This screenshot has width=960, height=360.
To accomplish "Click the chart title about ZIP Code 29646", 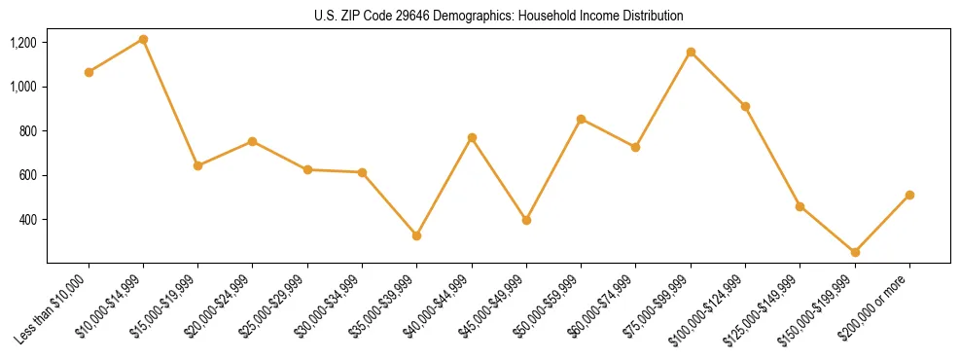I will point(499,16).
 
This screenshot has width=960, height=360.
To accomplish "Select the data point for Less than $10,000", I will point(89,72).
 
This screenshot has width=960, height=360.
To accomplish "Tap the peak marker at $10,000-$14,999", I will point(143,39).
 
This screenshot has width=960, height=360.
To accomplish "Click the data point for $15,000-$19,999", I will point(197,165).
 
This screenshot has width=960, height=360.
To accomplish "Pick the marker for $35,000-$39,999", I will point(416,235).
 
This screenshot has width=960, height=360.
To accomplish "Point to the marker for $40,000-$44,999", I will point(472,137).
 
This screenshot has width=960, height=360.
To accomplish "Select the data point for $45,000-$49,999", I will point(526,220).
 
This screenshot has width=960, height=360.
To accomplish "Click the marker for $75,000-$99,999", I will point(691,52).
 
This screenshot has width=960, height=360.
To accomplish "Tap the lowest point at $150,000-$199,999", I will point(855,252).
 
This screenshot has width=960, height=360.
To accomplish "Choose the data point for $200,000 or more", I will point(909,195).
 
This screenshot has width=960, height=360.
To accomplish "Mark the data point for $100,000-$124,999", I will point(745,106).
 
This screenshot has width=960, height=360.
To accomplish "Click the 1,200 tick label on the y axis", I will point(23,43).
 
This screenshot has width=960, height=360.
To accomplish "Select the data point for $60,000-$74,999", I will point(635,147).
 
